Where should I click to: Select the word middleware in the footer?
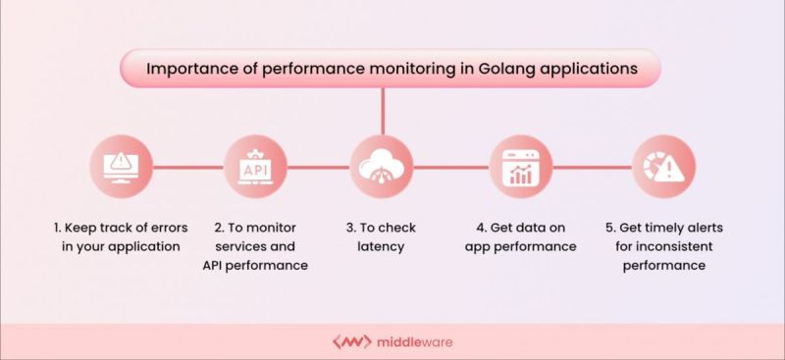click(x=412, y=342)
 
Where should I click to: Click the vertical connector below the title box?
click(x=383, y=110)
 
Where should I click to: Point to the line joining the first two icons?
click(x=187, y=166)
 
